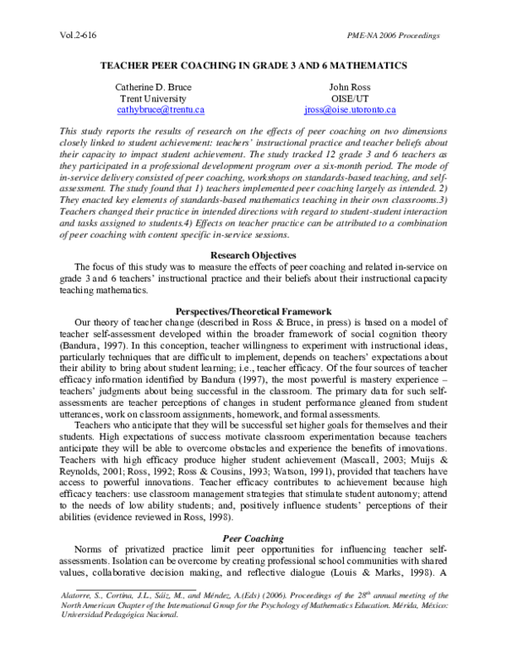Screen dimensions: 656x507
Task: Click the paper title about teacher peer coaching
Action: pyautogui.click(x=253, y=65)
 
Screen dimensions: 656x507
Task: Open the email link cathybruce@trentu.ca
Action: pyautogui.click(x=161, y=110)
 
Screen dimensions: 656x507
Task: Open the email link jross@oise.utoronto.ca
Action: pyautogui.click(x=350, y=110)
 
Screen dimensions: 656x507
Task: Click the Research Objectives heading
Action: pyautogui.click(x=253, y=254)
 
